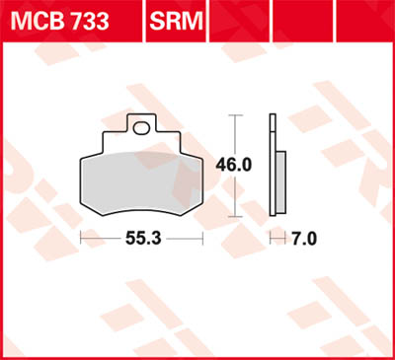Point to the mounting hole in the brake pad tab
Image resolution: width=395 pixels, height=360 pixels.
[145, 125]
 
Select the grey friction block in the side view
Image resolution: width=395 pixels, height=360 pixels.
[279, 181]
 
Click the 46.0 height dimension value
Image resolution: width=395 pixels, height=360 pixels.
[233, 164]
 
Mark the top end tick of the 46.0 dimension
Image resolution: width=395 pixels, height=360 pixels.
[234, 114]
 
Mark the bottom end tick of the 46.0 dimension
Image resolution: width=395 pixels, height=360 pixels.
[234, 215]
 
